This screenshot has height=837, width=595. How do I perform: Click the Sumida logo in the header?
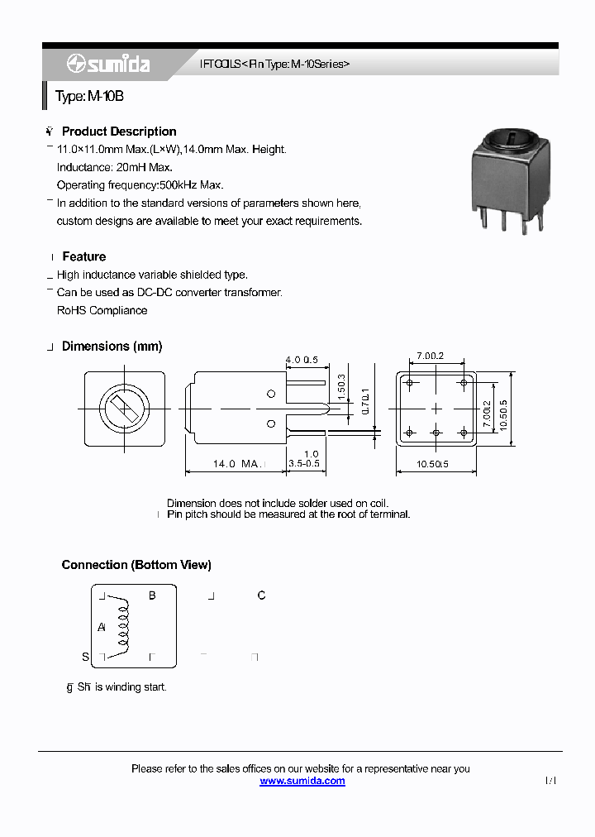[x=108, y=64]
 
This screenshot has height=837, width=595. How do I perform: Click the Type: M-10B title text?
[x=89, y=97]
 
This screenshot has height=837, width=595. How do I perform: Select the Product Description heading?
[x=119, y=132]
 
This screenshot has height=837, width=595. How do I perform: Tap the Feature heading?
[x=83, y=257]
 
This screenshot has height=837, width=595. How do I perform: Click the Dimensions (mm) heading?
[x=112, y=347]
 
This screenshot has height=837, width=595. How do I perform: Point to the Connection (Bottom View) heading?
[x=136, y=565]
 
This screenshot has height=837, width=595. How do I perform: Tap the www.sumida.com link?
[x=302, y=781]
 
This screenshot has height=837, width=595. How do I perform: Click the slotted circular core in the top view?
[x=124, y=409]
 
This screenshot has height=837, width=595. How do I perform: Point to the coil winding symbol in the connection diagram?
[x=124, y=626]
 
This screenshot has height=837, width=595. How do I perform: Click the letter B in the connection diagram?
[x=152, y=595]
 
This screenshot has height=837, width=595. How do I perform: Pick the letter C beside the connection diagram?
[x=262, y=595]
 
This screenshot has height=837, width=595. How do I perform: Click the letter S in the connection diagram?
[x=85, y=658]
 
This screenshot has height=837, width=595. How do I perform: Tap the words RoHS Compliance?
[x=102, y=311]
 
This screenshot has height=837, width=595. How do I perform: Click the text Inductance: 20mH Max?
[x=114, y=168]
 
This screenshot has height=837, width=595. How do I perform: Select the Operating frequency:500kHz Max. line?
[x=140, y=185]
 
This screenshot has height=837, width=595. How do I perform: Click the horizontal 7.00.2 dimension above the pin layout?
[x=430, y=356]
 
